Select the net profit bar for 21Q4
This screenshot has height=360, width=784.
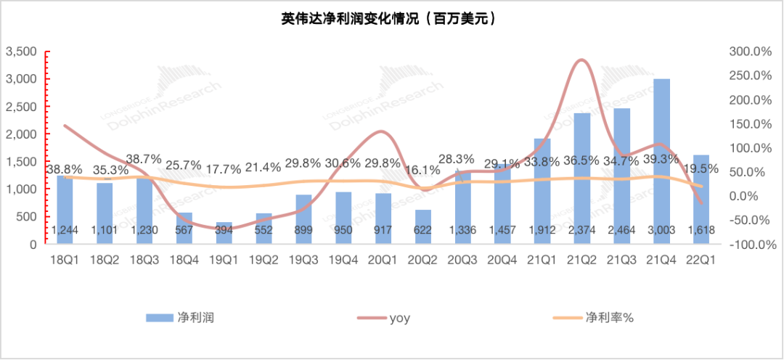point(661,160)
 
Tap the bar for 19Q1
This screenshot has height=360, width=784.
point(224,233)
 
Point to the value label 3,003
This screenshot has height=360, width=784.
point(662,230)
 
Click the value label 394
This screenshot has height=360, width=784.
point(224,230)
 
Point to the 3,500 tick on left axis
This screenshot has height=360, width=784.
point(21,52)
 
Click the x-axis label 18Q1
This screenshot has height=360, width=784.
point(65,258)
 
